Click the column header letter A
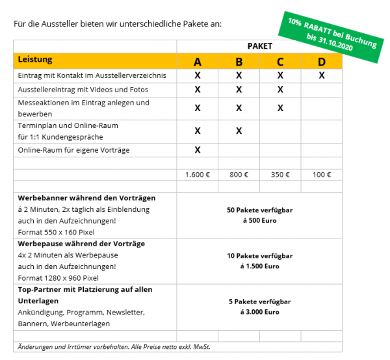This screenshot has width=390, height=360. (198, 62)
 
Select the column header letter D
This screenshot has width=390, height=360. (321, 62)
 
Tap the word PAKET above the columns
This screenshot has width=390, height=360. (259, 46)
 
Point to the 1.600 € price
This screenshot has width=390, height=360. (198, 175)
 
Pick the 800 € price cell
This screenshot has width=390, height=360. (239, 175)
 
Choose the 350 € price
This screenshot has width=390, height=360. (280, 175)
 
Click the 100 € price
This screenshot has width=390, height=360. (321, 175)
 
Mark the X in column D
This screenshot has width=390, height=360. (321, 75)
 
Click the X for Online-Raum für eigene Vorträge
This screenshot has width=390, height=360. (198, 150)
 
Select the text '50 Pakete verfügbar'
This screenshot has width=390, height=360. (259, 211)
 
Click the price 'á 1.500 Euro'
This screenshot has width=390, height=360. (259, 266)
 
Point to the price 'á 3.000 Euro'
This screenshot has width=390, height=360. (259, 312)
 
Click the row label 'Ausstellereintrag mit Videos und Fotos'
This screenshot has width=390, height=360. (83, 89)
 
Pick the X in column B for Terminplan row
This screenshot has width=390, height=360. (239, 131)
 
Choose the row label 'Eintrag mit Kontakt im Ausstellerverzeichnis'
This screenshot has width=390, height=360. (92, 75)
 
